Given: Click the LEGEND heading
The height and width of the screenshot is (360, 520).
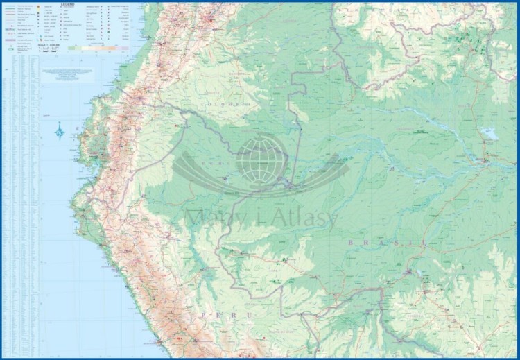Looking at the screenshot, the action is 67,4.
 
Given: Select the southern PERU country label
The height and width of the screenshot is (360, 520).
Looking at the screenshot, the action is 214,316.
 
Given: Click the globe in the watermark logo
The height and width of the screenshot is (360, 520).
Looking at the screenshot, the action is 261,157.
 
